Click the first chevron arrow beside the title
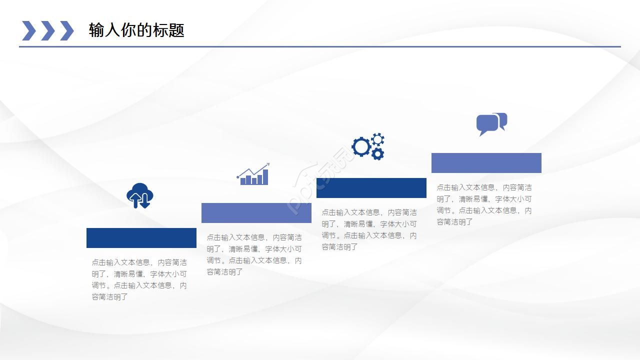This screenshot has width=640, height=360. click(x=29, y=30)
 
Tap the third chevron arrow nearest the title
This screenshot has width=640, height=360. click(x=67, y=30)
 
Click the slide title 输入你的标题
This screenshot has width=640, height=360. click(x=136, y=30)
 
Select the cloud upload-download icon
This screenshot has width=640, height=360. click(x=139, y=195)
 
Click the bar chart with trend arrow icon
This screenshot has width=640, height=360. click(x=253, y=174)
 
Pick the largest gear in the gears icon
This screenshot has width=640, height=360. click(x=361, y=146)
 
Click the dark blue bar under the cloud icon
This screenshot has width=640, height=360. click(x=141, y=238)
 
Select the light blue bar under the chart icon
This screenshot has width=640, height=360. click(x=256, y=213)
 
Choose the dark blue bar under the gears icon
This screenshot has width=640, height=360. click(x=371, y=188)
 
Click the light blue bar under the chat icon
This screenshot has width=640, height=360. click(x=486, y=163)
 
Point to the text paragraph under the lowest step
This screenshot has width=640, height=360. click(x=139, y=279)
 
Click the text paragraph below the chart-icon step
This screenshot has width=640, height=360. click(x=254, y=254)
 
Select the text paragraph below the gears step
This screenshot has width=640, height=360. click(x=369, y=229)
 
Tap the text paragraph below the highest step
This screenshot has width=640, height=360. click(x=484, y=204)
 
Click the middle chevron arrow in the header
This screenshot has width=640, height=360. click(x=48, y=30)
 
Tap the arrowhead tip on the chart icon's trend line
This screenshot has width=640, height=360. click(x=269, y=163)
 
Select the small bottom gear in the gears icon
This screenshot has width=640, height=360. click(x=377, y=154)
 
